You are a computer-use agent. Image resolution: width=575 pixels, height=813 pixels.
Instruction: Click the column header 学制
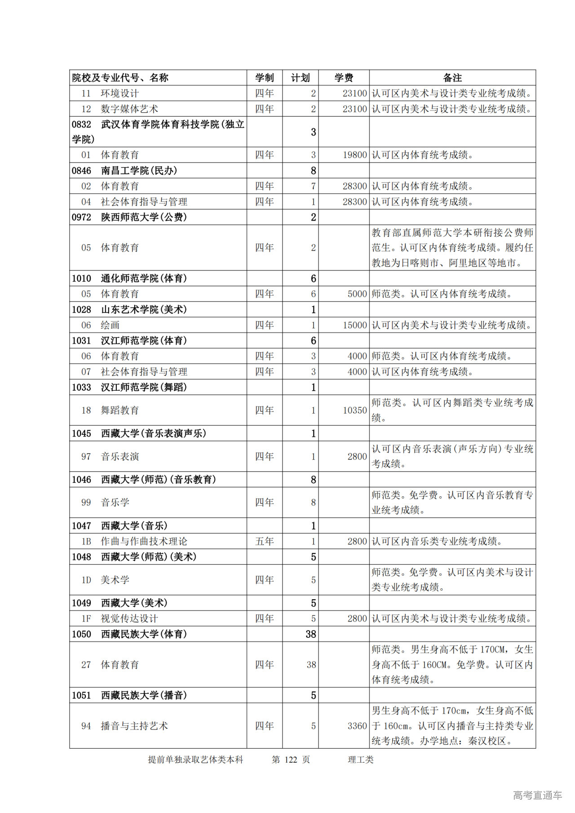pos(264,78)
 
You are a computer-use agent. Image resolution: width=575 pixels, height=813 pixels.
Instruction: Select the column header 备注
pos(452,78)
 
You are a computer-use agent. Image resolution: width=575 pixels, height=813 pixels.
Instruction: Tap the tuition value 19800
pos(354,155)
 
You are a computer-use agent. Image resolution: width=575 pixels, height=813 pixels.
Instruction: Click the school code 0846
pos(81,171)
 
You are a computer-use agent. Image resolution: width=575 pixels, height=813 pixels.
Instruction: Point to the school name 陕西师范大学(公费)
pos(144,217)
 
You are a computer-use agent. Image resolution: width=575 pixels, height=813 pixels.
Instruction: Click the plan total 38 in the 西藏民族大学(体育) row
pos(311,634)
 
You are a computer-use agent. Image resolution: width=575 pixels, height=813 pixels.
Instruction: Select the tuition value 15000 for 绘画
pos(354,325)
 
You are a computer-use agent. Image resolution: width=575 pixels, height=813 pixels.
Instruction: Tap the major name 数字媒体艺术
pos(129,109)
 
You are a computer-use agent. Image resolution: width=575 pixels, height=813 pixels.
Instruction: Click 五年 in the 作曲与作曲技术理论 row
pos(264,542)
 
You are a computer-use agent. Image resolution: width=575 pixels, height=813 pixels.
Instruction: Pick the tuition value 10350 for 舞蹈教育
pos(354,411)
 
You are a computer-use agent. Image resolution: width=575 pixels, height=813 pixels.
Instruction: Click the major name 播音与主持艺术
pos(134,726)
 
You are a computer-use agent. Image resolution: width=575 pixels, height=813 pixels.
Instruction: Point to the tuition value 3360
pos(357,726)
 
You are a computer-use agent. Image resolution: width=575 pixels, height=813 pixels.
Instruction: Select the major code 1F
pos(86,619)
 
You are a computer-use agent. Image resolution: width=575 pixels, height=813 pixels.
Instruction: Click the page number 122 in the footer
pos(291,760)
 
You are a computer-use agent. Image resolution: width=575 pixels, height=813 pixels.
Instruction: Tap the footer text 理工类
pos(360,760)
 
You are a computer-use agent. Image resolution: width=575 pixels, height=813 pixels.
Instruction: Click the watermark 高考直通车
pos(537,795)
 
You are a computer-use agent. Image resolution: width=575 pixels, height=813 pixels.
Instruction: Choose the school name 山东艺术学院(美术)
pos(144,310)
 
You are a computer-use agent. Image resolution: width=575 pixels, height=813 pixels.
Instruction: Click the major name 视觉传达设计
pos(129,619)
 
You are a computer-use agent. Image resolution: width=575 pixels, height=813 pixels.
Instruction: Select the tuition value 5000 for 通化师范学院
pos(357,294)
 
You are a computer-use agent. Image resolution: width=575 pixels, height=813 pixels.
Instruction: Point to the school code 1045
pos(81,434)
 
